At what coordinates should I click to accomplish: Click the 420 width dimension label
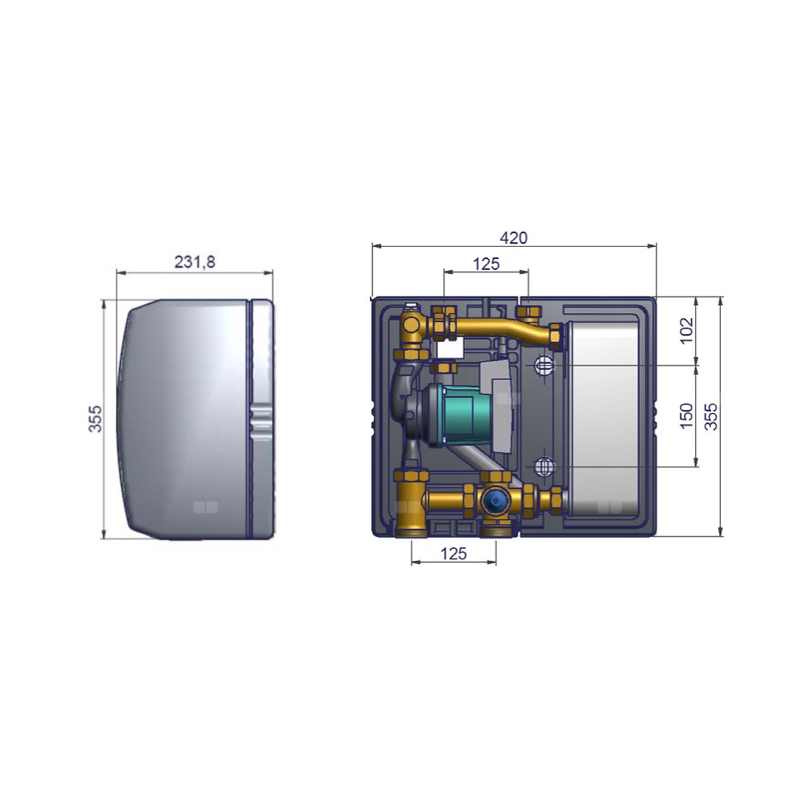click(513, 238)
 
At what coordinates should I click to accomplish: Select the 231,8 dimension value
click(195, 262)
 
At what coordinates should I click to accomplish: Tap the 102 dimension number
click(687, 331)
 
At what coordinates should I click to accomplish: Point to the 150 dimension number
click(687, 415)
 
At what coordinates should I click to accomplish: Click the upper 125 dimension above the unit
click(486, 264)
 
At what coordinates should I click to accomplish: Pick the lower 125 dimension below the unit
click(453, 554)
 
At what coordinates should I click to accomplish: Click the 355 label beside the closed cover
click(95, 419)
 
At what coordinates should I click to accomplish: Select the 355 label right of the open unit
click(710, 416)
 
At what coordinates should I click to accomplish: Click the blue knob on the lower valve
click(495, 501)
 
